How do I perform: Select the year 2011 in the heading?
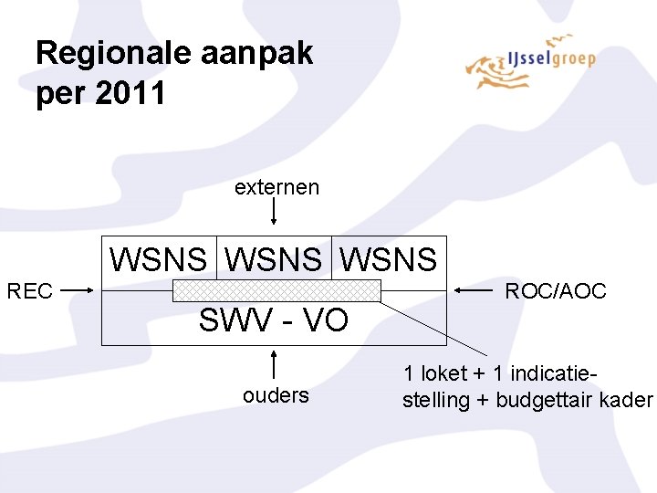click(x=130, y=92)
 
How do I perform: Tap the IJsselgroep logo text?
click(x=551, y=58)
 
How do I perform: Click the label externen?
click(x=276, y=187)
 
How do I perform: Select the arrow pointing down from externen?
click(x=274, y=211)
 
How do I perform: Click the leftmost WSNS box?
click(x=159, y=258)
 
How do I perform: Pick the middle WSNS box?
click(x=274, y=258)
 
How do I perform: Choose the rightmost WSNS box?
click(x=389, y=258)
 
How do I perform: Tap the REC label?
click(x=30, y=291)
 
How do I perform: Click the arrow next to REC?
click(x=77, y=290)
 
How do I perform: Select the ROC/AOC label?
click(x=556, y=291)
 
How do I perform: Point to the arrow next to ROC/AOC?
click(x=474, y=289)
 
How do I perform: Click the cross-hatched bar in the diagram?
click(x=277, y=290)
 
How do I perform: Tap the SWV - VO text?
click(x=274, y=320)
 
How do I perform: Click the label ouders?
click(x=276, y=395)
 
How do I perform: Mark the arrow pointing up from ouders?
click(x=274, y=364)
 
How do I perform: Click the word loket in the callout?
click(x=444, y=373)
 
